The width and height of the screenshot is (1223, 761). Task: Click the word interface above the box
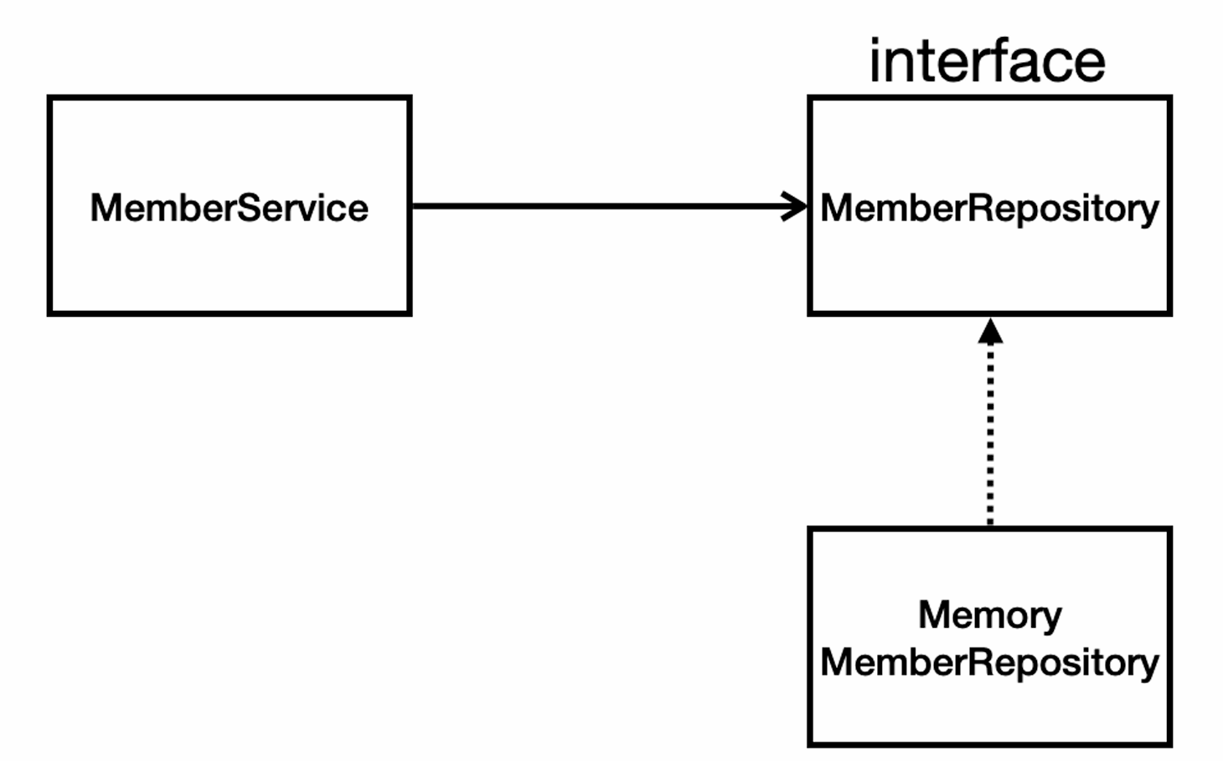(988, 61)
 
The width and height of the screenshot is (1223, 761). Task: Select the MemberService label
(230, 208)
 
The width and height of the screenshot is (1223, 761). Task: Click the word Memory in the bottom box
(990, 617)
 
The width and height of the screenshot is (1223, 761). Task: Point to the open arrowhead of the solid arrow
(795, 206)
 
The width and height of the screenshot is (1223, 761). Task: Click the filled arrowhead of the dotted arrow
(990, 331)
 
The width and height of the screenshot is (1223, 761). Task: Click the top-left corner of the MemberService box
(49, 98)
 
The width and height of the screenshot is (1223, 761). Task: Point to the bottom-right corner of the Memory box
(1170, 744)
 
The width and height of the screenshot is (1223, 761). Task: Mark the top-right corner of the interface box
(1170, 98)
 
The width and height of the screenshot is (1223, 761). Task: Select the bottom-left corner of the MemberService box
(49, 313)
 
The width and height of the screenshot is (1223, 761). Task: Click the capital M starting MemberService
(105, 208)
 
